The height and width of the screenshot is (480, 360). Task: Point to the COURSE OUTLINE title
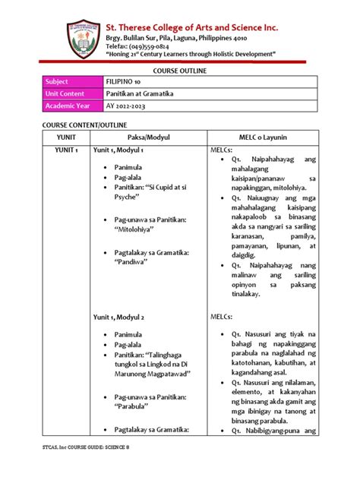coord(180,70)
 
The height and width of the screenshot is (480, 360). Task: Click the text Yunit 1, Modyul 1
coord(118,150)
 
